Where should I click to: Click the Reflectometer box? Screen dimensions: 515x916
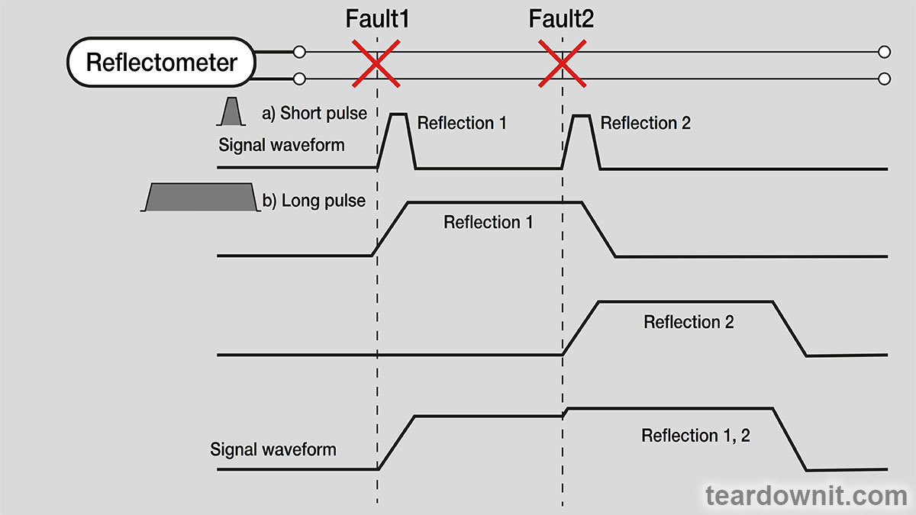coord(161,63)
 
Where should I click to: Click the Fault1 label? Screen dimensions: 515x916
coord(377,18)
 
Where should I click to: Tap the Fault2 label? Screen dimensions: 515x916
coord(561,18)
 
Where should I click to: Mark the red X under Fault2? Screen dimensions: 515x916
coord(562,65)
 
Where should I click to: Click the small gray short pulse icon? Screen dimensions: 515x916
coord(231,112)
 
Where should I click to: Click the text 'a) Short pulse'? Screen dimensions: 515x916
coord(314,114)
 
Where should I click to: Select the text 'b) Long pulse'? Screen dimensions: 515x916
coord(314,201)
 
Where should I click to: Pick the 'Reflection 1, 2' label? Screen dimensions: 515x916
coord(695,436)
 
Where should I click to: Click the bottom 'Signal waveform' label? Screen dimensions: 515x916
coord(273,449)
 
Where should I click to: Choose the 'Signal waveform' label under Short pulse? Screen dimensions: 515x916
coord(282,144)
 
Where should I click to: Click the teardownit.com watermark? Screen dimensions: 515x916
coord(806,495)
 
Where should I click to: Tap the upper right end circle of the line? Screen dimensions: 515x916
coord(885,52)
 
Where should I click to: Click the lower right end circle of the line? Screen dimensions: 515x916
coord(885,79)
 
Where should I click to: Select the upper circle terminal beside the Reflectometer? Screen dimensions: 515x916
coord(299,52)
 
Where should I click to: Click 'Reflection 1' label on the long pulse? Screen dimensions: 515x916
coord(488,223)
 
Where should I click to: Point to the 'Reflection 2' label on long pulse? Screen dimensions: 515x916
coord(689,322)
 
